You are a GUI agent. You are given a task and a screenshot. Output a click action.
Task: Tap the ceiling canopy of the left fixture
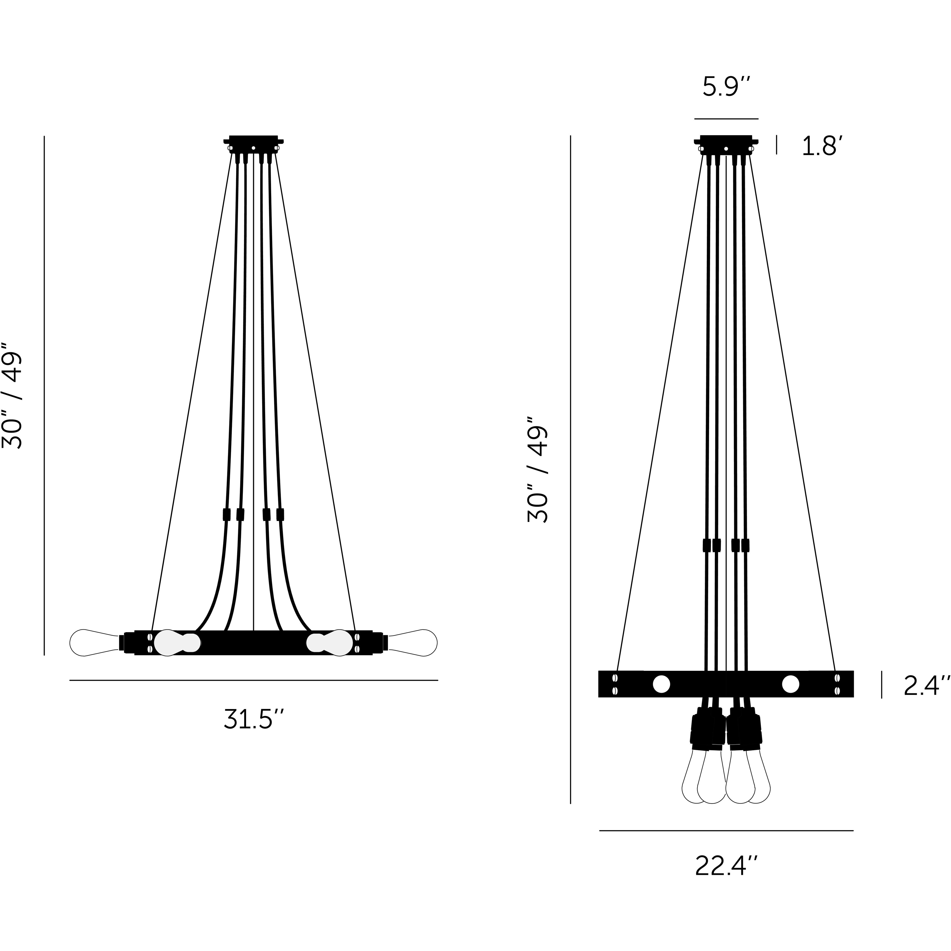pyautogui.click(x=253, y=143)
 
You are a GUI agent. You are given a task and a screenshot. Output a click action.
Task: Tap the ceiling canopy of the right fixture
pyautogui.click(x=726, y=143)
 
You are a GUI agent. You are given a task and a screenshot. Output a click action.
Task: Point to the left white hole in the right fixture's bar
pyautogui.click(x=661, y=684)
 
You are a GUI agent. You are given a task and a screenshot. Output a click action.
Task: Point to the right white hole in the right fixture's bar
pyautogui.click(x=791, y=684)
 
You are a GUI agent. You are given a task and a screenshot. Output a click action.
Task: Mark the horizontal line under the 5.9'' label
pyautogui.click(x=726, y=119)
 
